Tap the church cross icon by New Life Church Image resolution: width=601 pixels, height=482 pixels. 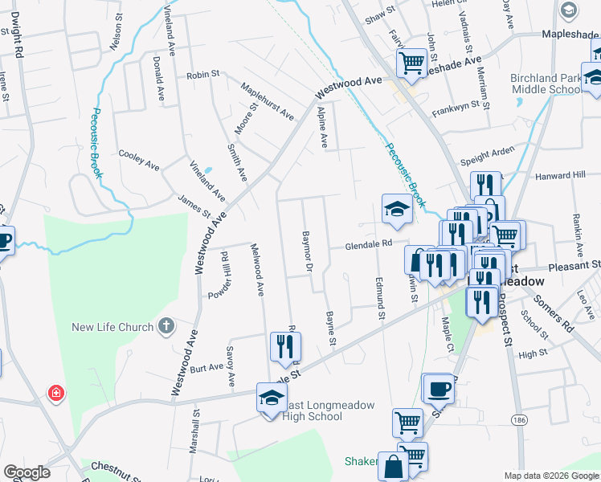pos(166,325)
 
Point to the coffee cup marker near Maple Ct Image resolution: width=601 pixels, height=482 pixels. pos(438,389)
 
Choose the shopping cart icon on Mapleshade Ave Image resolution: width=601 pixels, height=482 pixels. pos(411,62)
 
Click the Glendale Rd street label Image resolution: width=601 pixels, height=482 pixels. pos(369,245)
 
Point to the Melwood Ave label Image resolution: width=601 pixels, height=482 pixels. pos(258,270)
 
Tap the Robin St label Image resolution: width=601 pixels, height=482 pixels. pos(202,75)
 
